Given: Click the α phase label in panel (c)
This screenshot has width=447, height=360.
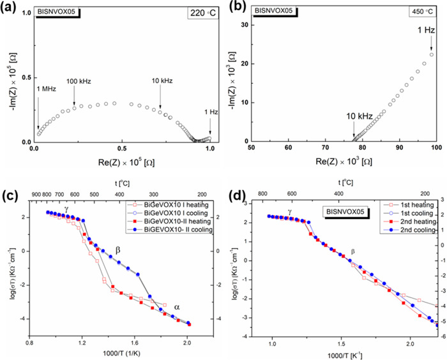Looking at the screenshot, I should (177, 307).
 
